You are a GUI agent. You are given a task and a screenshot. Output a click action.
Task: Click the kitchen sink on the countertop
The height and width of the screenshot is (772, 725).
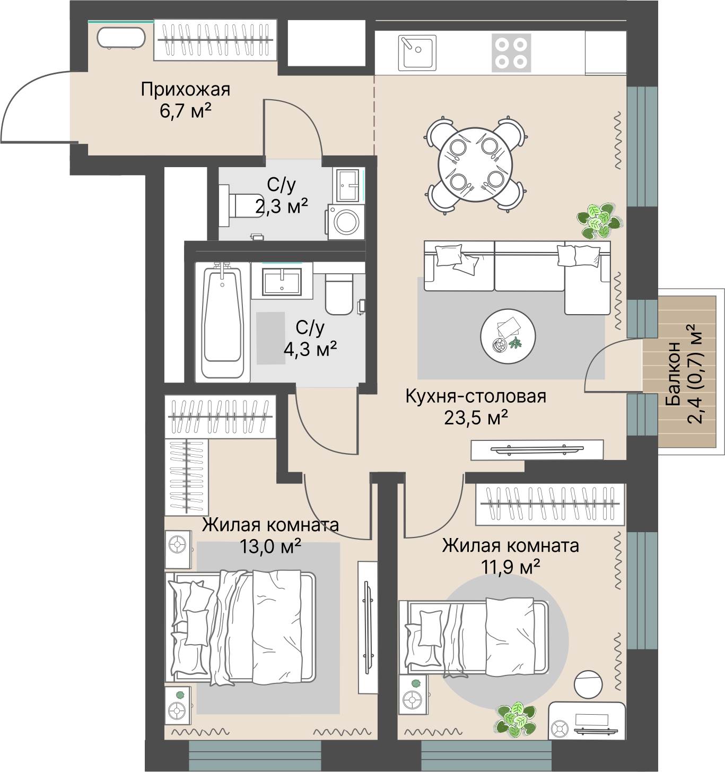tap(417, 53)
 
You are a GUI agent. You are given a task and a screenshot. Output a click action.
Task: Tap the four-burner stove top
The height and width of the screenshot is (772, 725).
tap(511, 53)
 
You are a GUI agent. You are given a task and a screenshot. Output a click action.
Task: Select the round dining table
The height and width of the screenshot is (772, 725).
tap(475, 164)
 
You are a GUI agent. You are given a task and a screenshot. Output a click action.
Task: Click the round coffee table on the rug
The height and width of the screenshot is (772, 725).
tap(508, 336)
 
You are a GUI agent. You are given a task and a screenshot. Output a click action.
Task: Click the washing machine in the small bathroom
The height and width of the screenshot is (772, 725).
tap(346, 222)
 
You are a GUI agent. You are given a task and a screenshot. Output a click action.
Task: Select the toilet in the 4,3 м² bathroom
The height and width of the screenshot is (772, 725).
tap(339, 294)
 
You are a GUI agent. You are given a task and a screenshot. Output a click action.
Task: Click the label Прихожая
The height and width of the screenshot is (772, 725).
tap(186, 90)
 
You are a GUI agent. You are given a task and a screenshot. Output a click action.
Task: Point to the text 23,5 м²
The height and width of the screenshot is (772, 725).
tap(476, 418)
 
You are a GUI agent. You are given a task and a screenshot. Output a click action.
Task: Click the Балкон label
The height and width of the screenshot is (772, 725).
tap(673, 374)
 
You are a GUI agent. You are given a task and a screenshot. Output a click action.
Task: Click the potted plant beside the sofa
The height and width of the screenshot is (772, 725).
tap(598, 221)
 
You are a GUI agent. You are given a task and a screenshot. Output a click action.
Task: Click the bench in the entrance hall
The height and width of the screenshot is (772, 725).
tap(121, 38)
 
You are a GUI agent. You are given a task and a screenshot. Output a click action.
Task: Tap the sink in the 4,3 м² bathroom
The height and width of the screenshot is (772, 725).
tap(282, 281)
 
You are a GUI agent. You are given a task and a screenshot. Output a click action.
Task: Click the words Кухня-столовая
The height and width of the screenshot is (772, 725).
tap(476, 396)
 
